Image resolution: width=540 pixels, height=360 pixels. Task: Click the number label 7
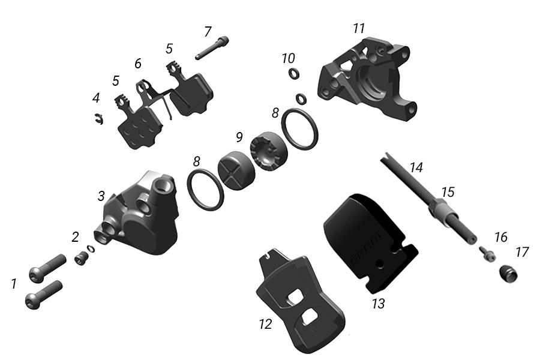click(x=208, y=31)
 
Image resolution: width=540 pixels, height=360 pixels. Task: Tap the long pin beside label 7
click(x=212, y=49)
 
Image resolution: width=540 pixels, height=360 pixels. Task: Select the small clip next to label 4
click(x=99, y=120)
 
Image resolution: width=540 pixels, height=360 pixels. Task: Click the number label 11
click(x=359, y=29)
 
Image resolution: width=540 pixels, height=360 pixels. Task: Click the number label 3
click(x=101, y=196)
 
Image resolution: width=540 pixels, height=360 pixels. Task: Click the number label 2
click(x=75, y=237)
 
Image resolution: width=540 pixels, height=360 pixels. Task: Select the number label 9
click(x=239, y=137)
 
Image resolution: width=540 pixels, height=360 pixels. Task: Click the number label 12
click(x=265, y=325)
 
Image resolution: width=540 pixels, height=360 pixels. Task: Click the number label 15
click(x=448, y=193)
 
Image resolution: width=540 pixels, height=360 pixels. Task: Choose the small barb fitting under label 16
click(x=485, y=255)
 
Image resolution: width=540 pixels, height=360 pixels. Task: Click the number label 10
click(x=289, y=58)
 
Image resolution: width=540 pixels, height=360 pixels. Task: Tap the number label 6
click(x=138, y=63)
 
